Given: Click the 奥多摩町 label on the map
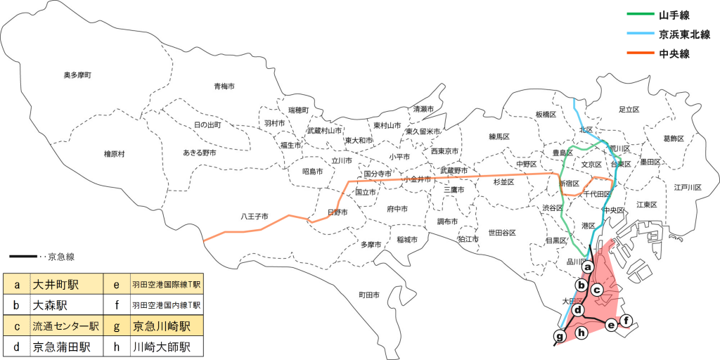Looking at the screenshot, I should click(77, 75).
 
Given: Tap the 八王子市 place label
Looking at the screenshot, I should click(255, 216).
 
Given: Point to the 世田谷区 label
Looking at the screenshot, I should click(502, 233).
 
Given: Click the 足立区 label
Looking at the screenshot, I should click(628, 110).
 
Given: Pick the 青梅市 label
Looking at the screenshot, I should click(224, 86).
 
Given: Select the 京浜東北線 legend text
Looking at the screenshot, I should click(684, 34).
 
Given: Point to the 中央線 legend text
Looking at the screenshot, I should click(674, 53).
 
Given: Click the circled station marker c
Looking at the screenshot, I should click(597, 289).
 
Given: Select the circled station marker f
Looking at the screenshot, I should click(626, 321).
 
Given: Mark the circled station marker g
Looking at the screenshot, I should click(560, 337).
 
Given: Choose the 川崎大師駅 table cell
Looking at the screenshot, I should click(166, 347).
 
